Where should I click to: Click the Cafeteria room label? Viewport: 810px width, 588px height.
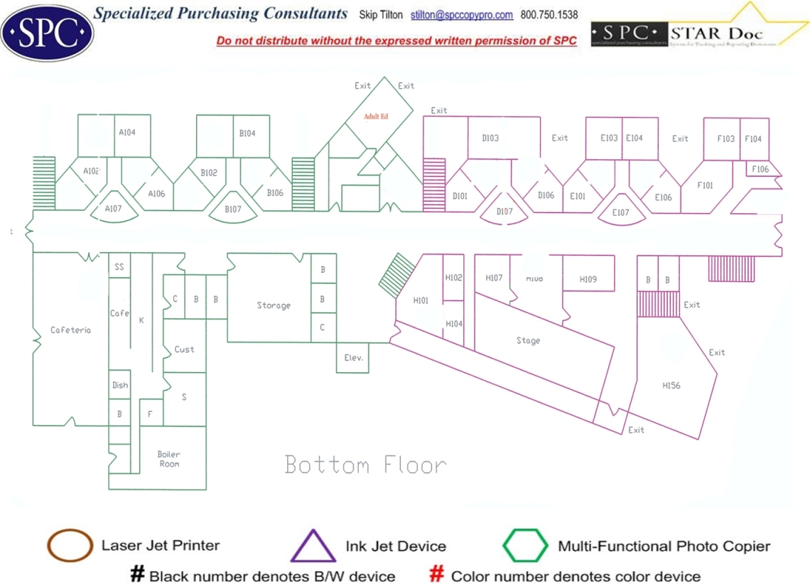coord(70,330)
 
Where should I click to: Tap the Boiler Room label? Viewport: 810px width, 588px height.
coord(169,459)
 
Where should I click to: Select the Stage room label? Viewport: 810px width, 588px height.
coord(528,341)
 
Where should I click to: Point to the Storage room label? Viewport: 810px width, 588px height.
coord(274,305)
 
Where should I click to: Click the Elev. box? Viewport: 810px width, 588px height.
coord(353,358)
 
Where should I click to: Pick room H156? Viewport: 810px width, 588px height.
coord(671,386)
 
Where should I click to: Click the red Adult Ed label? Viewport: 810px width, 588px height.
coord(376,116)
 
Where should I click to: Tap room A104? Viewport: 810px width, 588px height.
coord(127,132)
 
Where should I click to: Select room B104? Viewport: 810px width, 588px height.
coord(247,134)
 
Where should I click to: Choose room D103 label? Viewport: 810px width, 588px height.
coord(490,138)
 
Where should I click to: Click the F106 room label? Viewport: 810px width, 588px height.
coord(760,169)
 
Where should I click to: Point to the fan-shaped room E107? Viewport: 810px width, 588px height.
coord(620,212)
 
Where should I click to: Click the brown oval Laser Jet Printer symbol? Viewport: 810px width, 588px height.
coord(70,545)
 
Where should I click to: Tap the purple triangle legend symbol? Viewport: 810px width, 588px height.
coord(313,546)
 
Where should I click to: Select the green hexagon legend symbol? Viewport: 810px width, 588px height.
coord(526,545)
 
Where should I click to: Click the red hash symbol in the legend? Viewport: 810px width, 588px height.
coord(438,574)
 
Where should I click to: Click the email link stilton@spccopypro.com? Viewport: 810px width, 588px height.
coord(462,15)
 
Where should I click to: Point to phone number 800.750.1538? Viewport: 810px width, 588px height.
coord(549,15)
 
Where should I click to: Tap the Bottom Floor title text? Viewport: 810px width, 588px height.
coord(365,465)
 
